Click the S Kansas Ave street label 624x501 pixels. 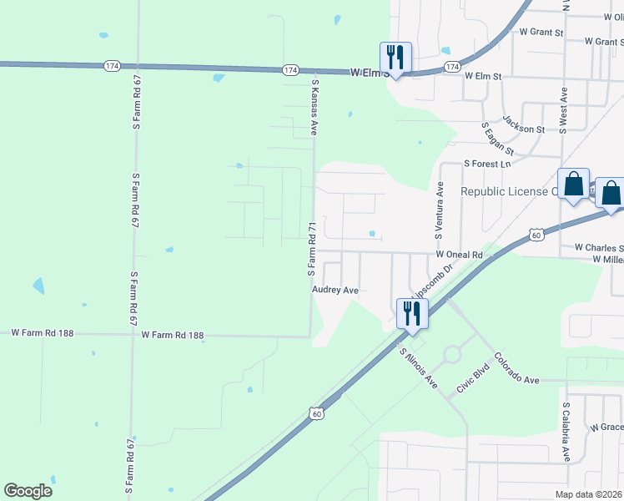coord(315,107)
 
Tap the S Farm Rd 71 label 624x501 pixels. coord(310,249)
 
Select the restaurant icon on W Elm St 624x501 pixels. coord(395,58)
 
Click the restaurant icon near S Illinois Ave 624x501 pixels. coord(412,313)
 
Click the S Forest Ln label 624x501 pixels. coord(486,164)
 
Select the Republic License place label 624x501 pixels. coord(509,191)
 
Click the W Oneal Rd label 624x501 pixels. coord(459,254)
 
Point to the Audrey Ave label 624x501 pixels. coord(335,290)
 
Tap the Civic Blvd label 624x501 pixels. coord(471,378)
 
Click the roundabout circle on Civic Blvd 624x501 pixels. coord(452,355)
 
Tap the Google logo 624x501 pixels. coord(28,491)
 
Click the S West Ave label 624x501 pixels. coord(564,109)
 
